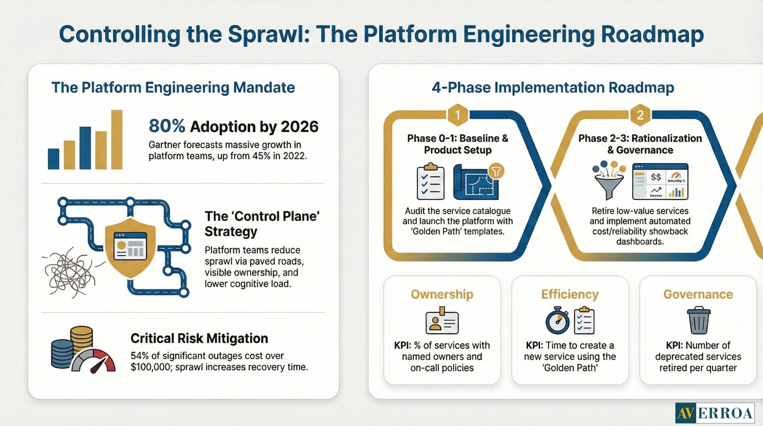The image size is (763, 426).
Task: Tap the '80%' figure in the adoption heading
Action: click(x=167, y=126)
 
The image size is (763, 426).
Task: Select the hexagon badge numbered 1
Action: click(x=458, y=115)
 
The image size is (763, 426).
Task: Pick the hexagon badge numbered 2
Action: click(x=640, y=115)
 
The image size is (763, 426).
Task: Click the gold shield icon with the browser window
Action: click(x=130, y=247)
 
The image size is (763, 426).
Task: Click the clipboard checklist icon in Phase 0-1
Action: click(x=430, y=182)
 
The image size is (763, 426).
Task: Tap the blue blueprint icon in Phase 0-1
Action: click(x=476, y=182)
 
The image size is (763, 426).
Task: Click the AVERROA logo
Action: click(x=714, y=413)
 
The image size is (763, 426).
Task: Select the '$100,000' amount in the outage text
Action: click(x=150, y=367)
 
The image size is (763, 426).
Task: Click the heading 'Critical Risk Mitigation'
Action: click(x=199, y=338)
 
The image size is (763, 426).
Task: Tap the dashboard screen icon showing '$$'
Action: click(x=660, y=181)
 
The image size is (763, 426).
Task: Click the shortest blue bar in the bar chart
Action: click(x=53, y=159)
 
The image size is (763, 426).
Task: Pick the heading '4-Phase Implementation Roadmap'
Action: click(x=553, y=88)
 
